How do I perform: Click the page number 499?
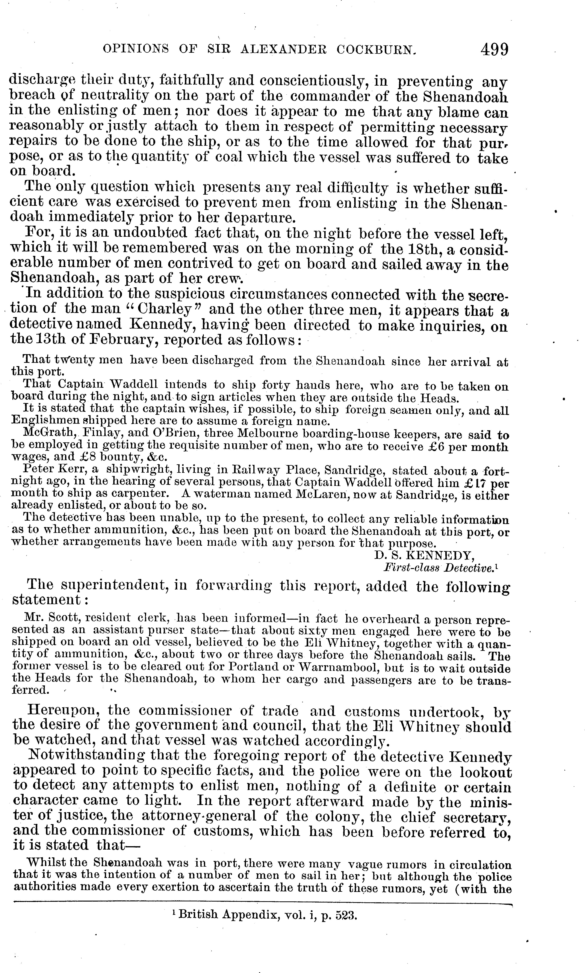494,50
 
